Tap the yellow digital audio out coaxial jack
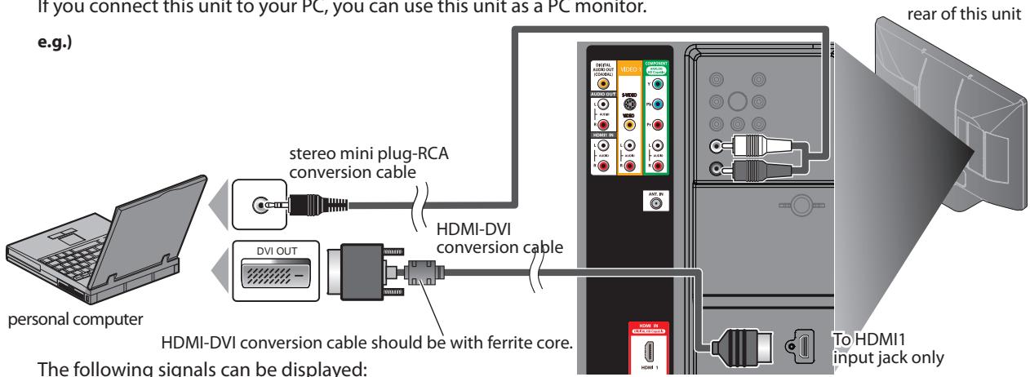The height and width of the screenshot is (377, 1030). coord(603,82)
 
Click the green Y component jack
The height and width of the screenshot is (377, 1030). coord(659,82)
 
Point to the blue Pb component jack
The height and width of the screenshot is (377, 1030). coord(659,105)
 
